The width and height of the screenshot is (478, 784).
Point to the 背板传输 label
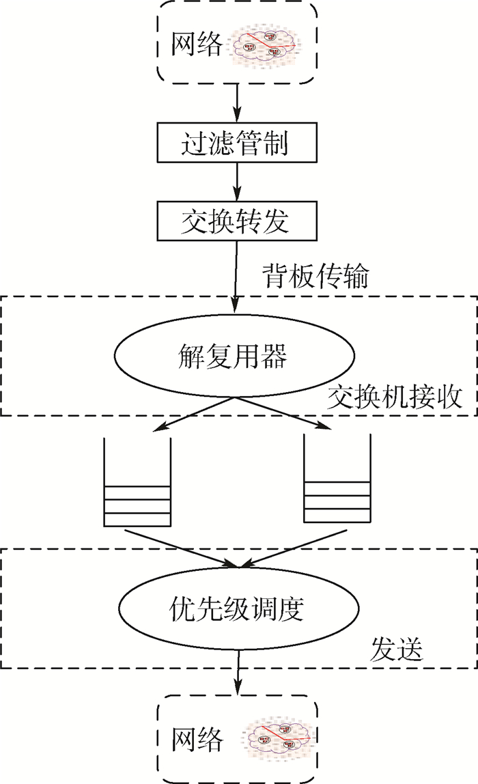coord(315,277)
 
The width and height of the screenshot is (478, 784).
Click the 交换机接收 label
coord(394,397)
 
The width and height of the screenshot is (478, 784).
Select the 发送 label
coord(397,648)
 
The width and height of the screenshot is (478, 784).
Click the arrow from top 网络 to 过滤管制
coord(237,102)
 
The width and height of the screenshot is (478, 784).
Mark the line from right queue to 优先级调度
coord(287,548)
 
